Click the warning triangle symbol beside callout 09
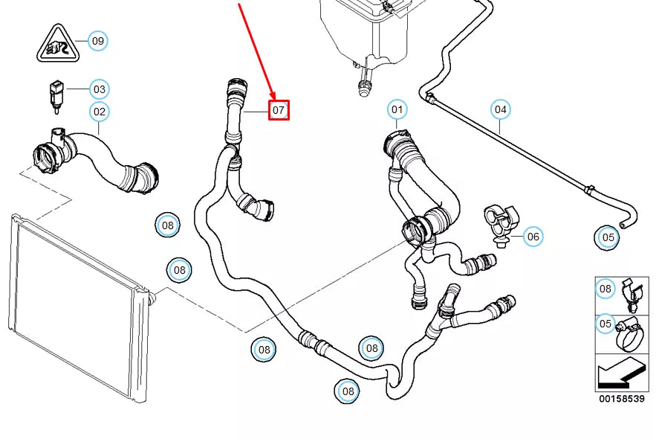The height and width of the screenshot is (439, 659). pos(56,44)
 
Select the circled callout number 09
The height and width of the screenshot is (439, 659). pos(97,40)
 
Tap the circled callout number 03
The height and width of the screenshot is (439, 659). pos(99,90)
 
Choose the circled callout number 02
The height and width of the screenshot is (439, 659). pos(99,112)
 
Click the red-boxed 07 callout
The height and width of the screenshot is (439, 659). pos(278,110)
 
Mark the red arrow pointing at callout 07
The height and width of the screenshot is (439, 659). pos(257,52)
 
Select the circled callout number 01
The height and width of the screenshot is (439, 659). pos(397,110)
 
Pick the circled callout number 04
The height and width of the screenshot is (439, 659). pos(501,110)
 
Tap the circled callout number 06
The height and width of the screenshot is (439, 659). pos(533,237)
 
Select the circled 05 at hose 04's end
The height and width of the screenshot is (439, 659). pos(608,237)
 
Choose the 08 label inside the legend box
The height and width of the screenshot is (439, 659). pos(606,289)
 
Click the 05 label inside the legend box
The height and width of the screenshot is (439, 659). pos(606,324)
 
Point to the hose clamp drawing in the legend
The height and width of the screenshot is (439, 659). pos(629,334)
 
